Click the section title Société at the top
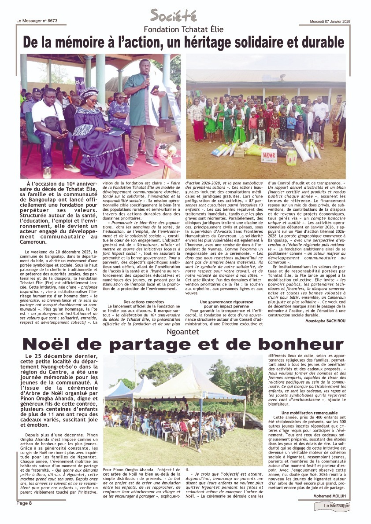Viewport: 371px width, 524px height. (x=173, y=16)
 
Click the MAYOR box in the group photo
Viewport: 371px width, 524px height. (x=269, y=155)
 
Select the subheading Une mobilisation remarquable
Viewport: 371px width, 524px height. (x=304, y=413)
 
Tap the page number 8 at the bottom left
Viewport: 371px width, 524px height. (x=30, y=503)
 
